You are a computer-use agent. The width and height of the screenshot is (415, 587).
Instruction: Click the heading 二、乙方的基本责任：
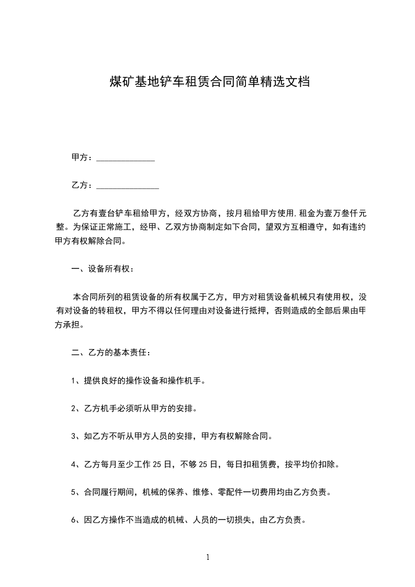(111, 353)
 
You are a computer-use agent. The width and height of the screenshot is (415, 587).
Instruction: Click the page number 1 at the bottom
(208, 558)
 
